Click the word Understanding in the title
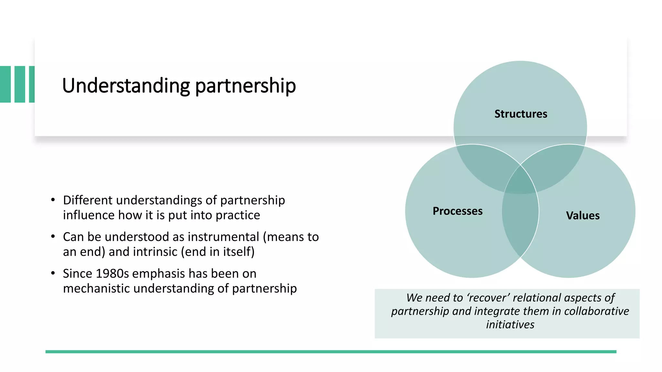pos(126,86)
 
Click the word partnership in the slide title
pos(245,86)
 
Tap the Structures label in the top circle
pos(521,114)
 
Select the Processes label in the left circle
pos(457,211)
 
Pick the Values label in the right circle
pos(582,216)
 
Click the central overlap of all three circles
pos(520,182)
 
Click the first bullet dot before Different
pos(53,200)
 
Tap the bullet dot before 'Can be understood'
pos(53,237)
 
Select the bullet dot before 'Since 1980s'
pos(53,273)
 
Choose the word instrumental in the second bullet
pos(223,237)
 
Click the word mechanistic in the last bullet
pos(96,288)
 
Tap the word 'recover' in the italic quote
pos(488,298)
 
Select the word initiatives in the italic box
pos(510,325)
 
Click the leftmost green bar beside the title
pos(5,84)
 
